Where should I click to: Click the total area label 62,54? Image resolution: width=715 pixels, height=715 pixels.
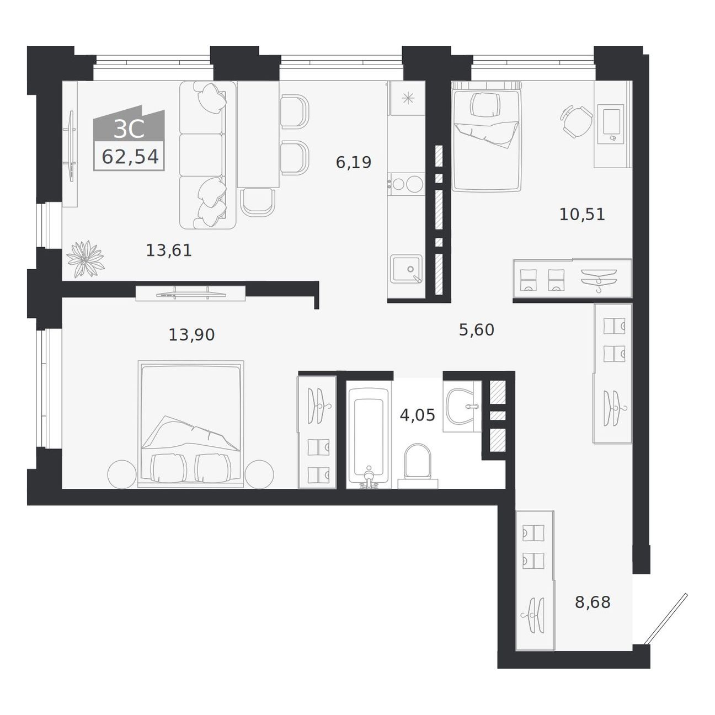click(130, 157)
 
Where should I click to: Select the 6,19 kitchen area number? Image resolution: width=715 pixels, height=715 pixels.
click(353, 163)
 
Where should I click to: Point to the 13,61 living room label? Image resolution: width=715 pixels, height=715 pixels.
click(169, 250)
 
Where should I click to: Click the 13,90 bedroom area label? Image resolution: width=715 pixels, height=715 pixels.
click(191, 335)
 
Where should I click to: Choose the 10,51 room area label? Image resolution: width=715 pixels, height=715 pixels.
click(582, 215)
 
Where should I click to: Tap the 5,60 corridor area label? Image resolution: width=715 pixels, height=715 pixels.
click(477, 329)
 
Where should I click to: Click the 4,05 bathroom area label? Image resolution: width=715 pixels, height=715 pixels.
click(417, 415)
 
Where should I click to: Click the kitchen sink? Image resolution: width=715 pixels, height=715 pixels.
click(406, 269)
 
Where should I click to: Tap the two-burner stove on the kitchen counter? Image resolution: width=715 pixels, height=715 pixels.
click(405, 184)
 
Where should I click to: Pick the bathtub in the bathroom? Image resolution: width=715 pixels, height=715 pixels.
click(369, 438)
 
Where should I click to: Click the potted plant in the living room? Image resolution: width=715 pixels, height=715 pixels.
click(86, 259)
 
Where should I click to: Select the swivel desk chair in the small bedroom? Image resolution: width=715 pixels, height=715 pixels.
click(576, 121)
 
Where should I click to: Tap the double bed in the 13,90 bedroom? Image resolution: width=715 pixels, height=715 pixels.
click(191, 424)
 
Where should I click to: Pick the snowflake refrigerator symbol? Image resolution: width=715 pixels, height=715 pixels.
click(408, 98)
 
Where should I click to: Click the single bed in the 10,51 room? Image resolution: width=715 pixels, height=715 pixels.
click(487, 136)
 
